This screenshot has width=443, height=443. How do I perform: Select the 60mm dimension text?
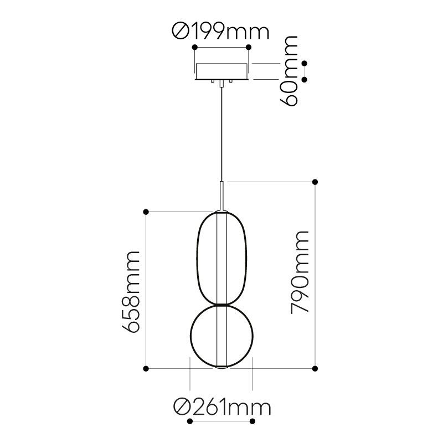click(x=289, y=71)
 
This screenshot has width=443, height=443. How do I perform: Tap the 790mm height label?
click(x=300, y=272)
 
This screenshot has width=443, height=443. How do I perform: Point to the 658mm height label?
click(x=131, y=291)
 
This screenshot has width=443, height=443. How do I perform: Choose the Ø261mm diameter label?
click(x=222, y=408)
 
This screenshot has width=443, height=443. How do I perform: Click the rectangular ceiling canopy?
click(x=222, y=71)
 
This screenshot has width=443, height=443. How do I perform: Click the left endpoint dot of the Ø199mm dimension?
click(x=195, y=47)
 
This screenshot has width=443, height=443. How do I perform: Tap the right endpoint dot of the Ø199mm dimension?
click(x=249, y=47)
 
